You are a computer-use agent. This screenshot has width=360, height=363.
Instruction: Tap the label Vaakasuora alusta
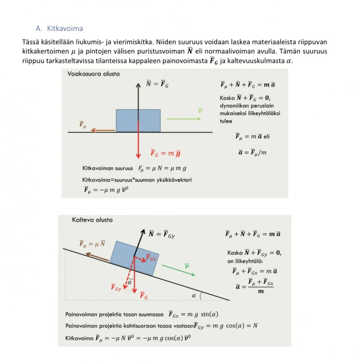[94, 74]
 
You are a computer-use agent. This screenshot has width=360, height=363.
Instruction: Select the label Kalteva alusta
[92, 220]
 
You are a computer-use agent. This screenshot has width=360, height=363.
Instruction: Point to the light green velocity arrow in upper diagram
[183, 119]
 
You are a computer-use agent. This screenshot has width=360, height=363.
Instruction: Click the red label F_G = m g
[165, 154]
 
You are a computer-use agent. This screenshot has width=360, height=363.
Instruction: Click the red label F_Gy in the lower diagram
[116, 288]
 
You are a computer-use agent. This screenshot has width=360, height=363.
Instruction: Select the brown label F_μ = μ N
[92, 243]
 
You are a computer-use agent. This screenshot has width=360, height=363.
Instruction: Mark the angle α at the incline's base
[194, 296]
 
